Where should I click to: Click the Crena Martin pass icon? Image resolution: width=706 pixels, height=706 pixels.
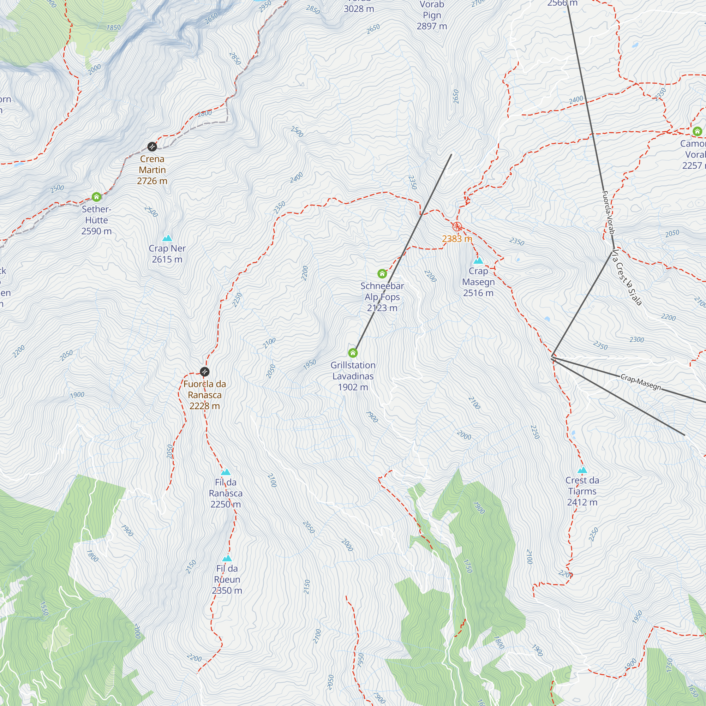[152, 147]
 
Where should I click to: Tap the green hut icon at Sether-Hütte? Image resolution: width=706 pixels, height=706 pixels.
[96, 197]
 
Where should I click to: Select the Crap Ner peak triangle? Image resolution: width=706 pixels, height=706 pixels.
[167, 238]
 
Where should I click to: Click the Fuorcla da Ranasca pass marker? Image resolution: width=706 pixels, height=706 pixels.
[205, 372]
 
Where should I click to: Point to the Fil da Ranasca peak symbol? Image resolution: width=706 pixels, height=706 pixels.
[226, 472]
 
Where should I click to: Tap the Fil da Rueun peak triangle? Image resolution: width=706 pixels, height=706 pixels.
[227, 558]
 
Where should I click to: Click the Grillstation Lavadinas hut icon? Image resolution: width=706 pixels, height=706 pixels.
[353, 353]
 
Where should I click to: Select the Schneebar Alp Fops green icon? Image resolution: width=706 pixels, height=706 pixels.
[382, 274]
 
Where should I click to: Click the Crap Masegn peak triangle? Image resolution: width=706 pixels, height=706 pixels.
[478, 261]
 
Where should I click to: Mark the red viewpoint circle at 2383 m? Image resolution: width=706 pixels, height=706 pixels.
[457, 227]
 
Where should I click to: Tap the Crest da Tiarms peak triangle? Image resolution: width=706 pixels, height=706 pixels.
[582, 470]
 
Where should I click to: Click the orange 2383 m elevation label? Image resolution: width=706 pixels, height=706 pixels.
[457, 239]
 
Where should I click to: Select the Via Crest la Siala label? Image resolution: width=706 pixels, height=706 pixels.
[627, 277]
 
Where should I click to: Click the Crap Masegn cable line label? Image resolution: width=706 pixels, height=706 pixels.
[641, 382]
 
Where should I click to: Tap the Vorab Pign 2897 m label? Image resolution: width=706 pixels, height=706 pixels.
[432, 15]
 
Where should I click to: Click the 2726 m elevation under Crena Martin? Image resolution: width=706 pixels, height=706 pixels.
[152, 181]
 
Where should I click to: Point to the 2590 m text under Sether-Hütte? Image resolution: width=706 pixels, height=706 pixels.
[96, 231]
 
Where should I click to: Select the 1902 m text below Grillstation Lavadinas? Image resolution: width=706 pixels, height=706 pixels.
[353, 387]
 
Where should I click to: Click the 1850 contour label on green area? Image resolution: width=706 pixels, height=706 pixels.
[113, 28]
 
